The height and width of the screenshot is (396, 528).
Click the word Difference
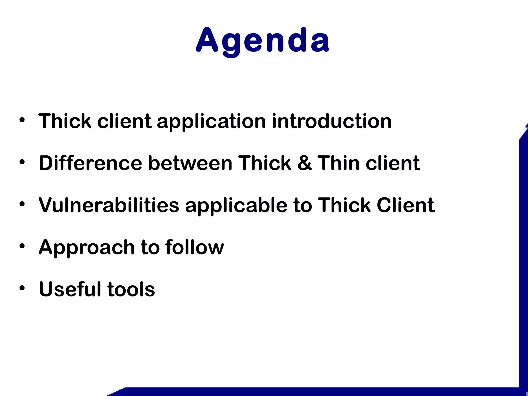coord(90,163)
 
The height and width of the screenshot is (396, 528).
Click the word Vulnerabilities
coord(109,205)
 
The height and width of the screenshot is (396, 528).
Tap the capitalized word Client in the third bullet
coord(406,205)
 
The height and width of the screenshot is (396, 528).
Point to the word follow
coord(194,247)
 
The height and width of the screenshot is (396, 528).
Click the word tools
coord(131,289)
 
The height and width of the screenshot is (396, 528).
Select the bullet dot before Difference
coord(22,162)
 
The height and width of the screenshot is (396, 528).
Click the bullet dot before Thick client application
coord(22,120)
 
